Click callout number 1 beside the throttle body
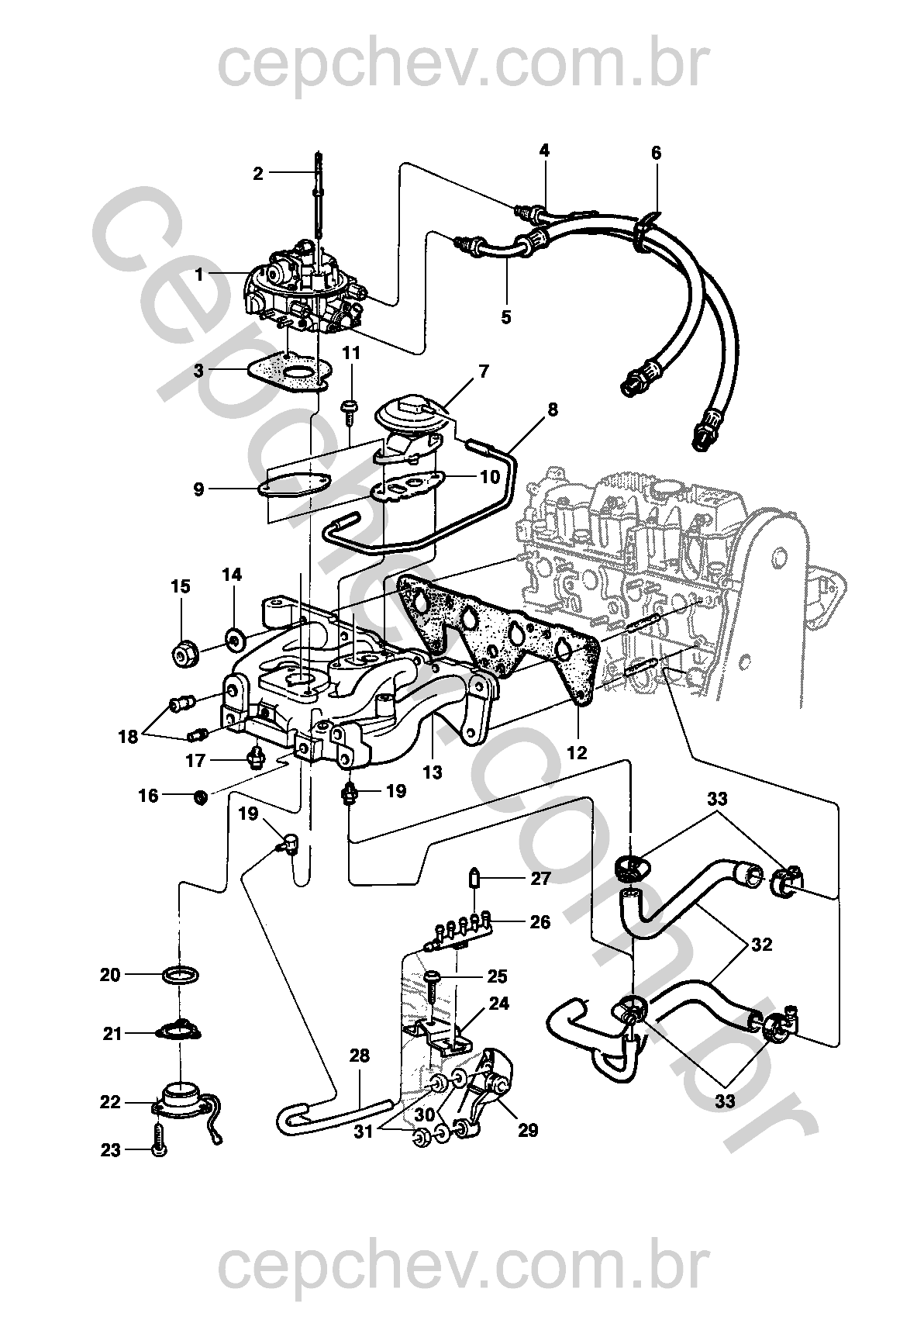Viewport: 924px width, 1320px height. pos(200,275)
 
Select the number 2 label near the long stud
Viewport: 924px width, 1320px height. pos(258,174)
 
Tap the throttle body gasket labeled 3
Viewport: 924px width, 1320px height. pos(291,374)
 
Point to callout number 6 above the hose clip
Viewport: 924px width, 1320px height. pos(656,154)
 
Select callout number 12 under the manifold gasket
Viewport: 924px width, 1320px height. pos(577,752)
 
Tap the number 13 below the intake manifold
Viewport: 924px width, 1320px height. pos(433,772)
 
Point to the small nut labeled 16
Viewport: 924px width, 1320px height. pos(201,798)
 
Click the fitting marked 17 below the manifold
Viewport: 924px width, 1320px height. pos(257,754)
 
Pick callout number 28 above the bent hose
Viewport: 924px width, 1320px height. pos(359,1056)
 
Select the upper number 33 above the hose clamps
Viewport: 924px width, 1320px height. pos(717,800)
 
